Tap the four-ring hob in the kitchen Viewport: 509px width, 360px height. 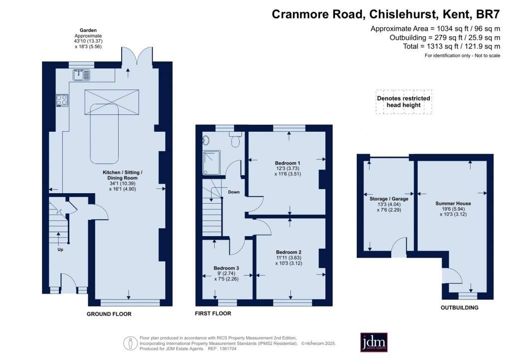62,100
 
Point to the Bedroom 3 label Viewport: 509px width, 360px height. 227,268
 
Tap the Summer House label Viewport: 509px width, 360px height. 453,204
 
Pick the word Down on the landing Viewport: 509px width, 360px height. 234,192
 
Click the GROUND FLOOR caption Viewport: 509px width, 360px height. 109,314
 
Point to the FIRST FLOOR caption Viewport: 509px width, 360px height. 213,314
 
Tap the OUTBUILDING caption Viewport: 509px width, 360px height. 460,308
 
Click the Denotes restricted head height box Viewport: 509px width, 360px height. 404,102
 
